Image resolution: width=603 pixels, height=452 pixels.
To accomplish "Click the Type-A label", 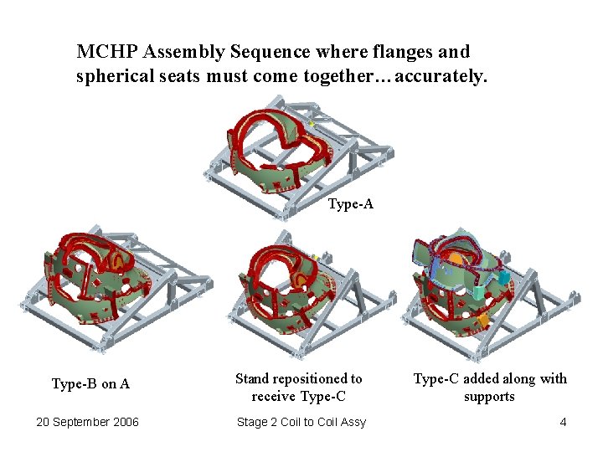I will point(350,203).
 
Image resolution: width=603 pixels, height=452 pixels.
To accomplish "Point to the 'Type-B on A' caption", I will point(90,384).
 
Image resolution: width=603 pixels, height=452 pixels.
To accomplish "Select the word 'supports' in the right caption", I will point(489,397).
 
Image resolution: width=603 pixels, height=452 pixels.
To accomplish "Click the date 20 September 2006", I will point(87,422).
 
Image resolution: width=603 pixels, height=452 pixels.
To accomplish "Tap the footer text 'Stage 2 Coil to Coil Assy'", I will point(301,422).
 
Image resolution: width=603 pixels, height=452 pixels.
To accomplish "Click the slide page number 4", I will point(563,422).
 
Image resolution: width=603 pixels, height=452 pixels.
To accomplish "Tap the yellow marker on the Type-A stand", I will point(312,124).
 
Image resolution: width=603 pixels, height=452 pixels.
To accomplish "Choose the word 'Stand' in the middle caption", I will point(252,379).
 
